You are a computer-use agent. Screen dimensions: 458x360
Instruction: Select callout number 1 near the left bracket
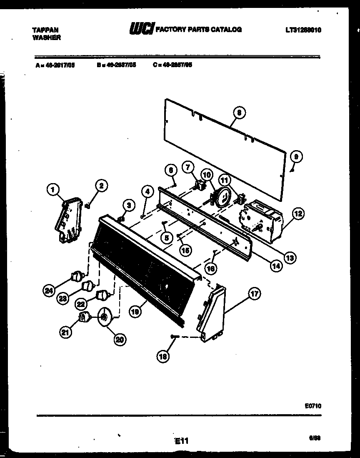tap(53, 191)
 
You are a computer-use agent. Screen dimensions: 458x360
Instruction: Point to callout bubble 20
tap(120, 340)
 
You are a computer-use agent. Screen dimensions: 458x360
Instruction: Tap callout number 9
tap(296, 157)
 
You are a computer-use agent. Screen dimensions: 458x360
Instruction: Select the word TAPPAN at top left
tap(45, 30)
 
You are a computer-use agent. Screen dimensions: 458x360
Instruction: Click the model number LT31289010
tap(303, 30)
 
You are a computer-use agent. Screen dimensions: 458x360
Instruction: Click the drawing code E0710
tap(313, 405)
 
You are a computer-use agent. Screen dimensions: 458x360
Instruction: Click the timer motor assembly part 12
tap(262, 221)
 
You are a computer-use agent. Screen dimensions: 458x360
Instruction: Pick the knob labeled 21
tap(85, 318)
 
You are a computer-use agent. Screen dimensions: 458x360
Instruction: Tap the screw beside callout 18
tap(175, 337)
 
